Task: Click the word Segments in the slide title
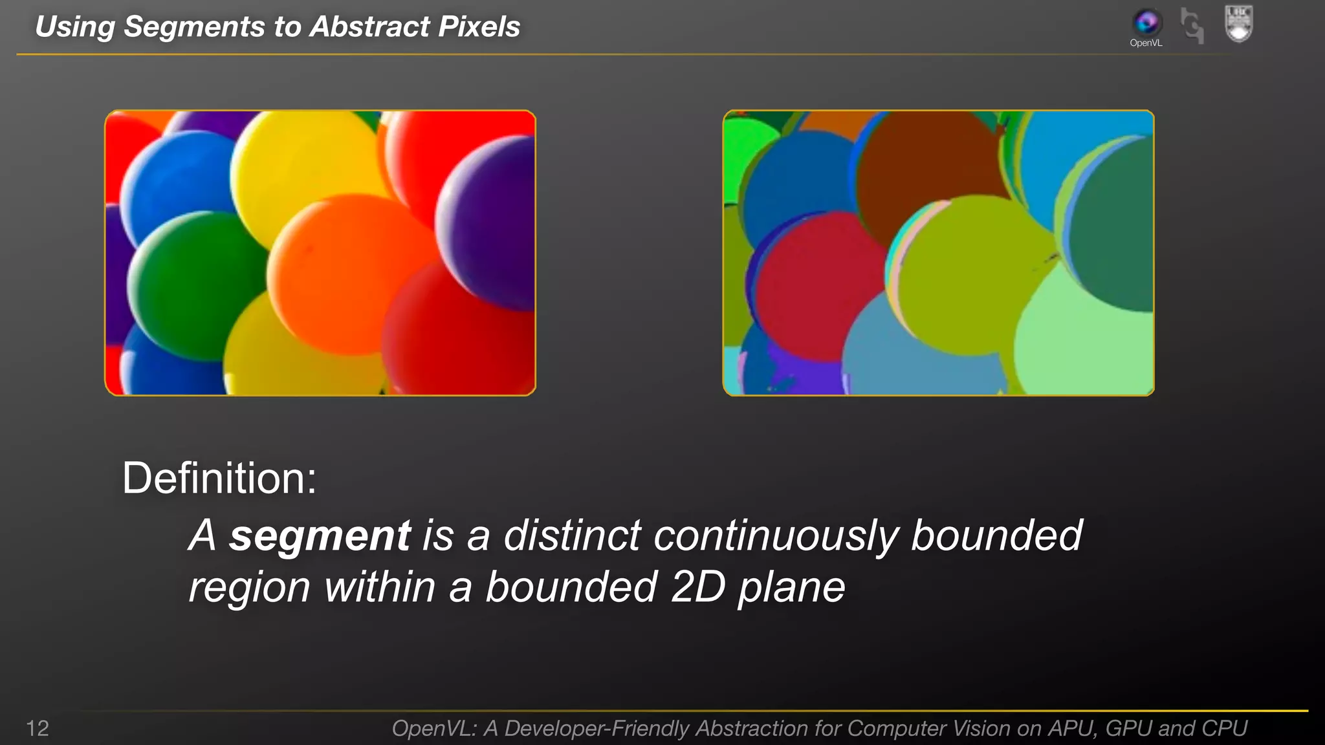point(194,27)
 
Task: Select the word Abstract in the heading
point(369,27)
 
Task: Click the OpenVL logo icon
point(1146,23)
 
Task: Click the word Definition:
point(219,479)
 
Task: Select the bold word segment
point(320,535)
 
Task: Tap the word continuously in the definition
point(776,537)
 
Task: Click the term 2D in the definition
point(698,587)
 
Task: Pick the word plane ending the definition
point(791,588)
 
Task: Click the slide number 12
point(38,728)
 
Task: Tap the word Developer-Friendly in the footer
point(597,728)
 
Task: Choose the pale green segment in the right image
point(1087,336)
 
